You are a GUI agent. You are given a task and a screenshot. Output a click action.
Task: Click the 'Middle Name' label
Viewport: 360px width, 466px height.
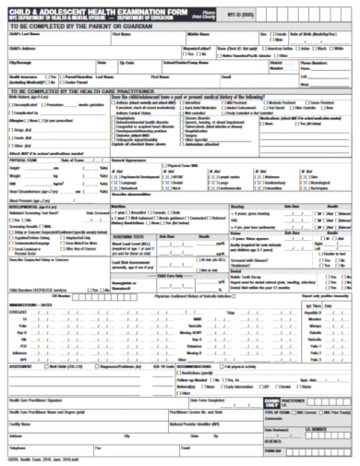[x=198, y=35]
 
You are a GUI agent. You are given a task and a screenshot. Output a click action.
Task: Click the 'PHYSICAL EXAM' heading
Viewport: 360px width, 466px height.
[x=23, y=161]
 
